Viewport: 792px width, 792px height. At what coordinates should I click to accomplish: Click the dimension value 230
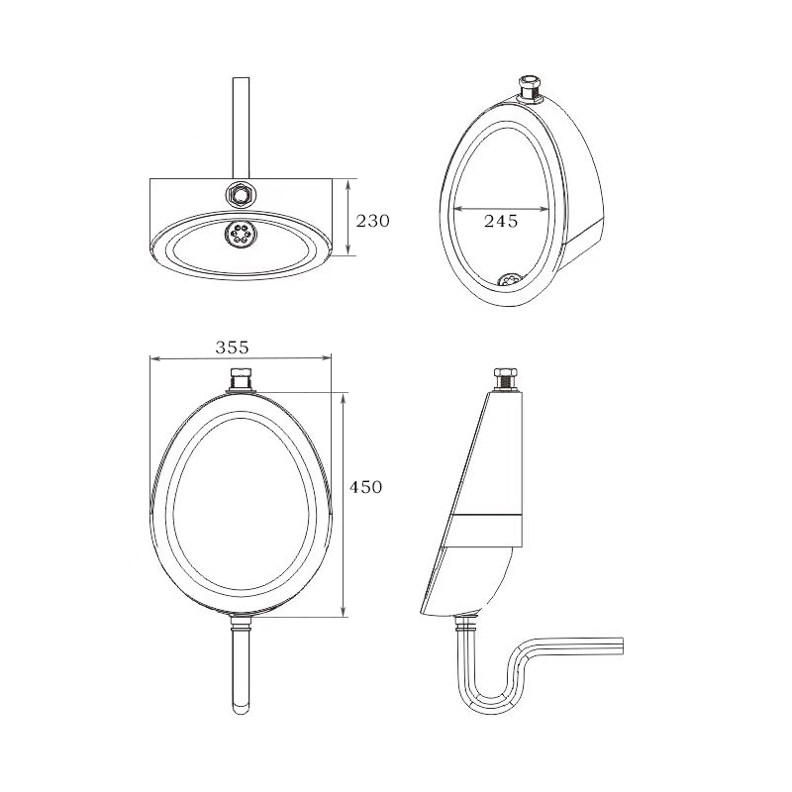[372, 221]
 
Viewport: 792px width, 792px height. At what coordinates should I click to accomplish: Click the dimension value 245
[501, 222]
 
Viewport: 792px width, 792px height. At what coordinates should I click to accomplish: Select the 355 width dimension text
[231, 347]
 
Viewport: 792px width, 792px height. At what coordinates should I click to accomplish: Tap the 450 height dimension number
[365, 487]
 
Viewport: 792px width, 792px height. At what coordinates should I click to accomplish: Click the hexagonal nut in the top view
[241, 192]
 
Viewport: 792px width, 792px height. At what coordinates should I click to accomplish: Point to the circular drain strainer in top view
[241, 234]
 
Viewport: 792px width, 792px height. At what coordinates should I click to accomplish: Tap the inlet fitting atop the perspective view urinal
[531, 88]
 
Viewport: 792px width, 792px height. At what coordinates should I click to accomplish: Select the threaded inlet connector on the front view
[241, 378]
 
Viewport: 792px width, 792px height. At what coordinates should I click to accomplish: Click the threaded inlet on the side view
[505, 377]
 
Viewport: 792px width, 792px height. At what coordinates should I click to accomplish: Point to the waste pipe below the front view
[241, 673]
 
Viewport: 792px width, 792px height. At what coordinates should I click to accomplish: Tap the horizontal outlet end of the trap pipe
[614, 644]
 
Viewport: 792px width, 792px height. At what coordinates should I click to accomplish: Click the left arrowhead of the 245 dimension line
[456, 209]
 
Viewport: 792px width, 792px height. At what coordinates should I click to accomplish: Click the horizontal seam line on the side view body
[485, 517]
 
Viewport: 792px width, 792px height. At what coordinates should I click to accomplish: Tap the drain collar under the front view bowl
[241, 621]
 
